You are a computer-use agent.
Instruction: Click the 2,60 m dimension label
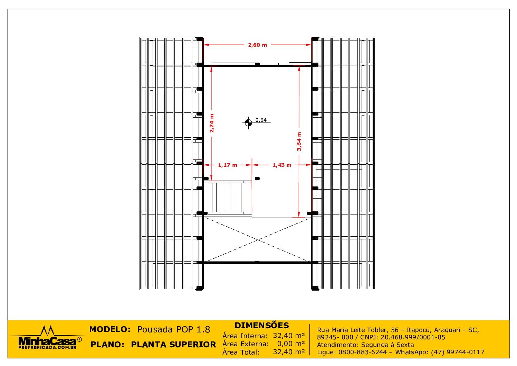click(257, 45)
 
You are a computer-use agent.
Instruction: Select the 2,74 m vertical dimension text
click(212, 123)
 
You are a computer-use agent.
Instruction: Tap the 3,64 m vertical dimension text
click(299, 141)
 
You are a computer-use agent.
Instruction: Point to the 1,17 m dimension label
click(228, 165)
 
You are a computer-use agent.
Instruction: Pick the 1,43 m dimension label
click(282, 165)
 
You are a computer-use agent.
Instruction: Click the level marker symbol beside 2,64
click(248, 122)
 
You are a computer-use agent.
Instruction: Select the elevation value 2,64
click(261, 120)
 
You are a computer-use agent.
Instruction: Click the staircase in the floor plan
click(227, 198)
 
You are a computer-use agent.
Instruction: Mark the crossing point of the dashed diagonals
click(257, 240)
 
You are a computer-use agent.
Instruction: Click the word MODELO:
click(110, 329)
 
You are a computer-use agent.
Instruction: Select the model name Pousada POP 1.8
click(174, 329)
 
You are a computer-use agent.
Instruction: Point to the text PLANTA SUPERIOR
click(174, 345)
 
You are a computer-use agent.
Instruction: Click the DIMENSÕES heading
click(262, 326)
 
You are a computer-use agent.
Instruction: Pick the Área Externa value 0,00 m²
click(291, 344)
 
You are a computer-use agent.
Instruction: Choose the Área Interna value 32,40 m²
click(289, 336)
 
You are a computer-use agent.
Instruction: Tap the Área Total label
click(241, 352)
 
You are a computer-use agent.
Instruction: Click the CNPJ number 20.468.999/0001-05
click(413, 337)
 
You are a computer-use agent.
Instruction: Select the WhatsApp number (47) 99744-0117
click(458, 352)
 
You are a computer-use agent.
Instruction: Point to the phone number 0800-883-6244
click(362, 352)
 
